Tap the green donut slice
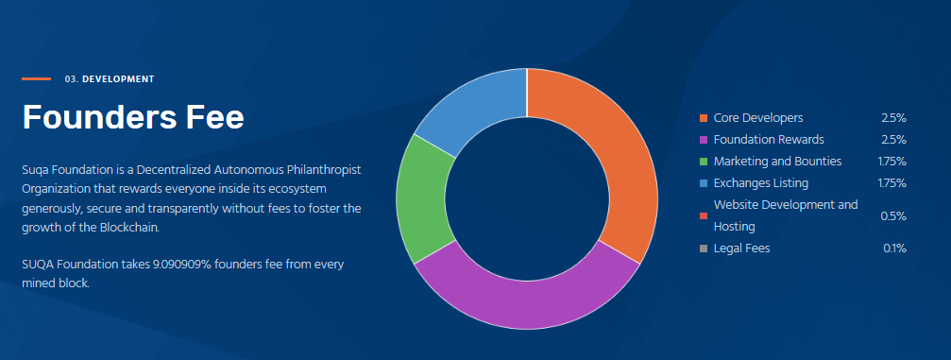click(421, 200)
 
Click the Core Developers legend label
click(758, 118)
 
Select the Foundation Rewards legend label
click(769, 140)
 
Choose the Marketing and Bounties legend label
click(777, 162)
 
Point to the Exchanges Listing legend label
click(760, 183)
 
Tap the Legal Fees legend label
click(741, 249)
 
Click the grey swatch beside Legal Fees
click(704, 249)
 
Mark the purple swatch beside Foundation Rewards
click(704, 140)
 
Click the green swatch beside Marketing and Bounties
click(704, 162)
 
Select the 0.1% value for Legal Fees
click(894, 249)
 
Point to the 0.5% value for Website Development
click(893, 216)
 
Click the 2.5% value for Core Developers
click(893, 118)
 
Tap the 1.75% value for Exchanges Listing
click(892, 183)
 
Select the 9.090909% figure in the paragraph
click(195, 265)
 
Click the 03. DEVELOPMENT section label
click(110, 79)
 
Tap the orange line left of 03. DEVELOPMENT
click(37, 79)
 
